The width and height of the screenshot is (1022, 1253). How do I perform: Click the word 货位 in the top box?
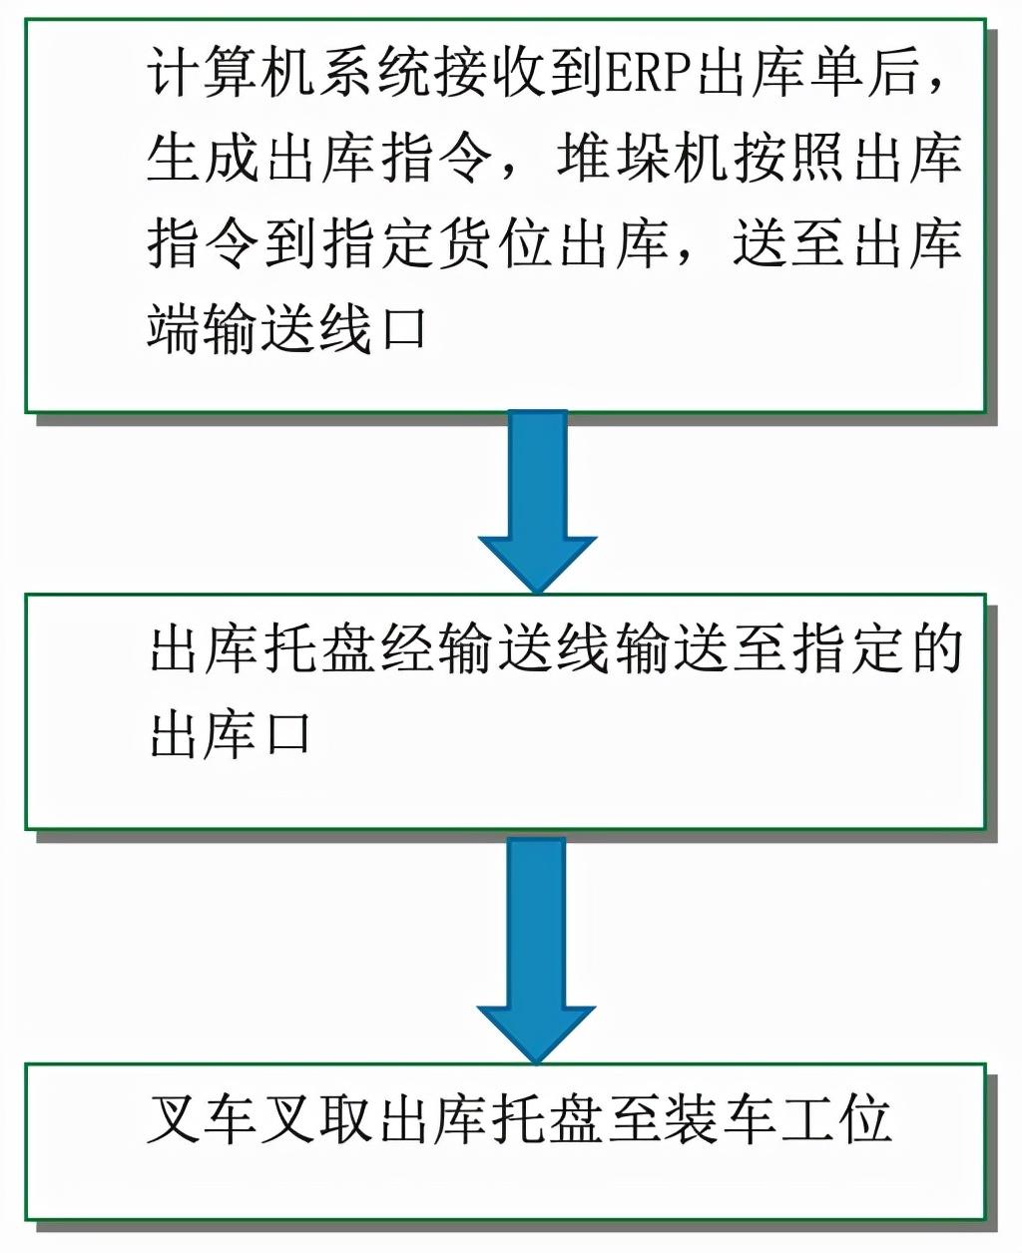pos(496,243)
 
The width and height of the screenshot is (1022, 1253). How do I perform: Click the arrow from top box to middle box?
pos(537,499)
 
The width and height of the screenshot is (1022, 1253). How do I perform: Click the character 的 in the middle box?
pos(933,649)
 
